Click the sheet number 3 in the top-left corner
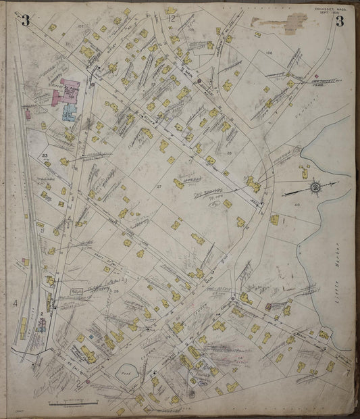click(x=26, y=19)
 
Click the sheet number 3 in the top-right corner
click(x=340, y=20)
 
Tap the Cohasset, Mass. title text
click(x=329, y=8)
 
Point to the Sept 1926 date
click(x=330, y=13)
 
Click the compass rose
click(x=315, y=186)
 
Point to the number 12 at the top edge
click(x=172, y=20)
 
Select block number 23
click(x=45, y=156)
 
